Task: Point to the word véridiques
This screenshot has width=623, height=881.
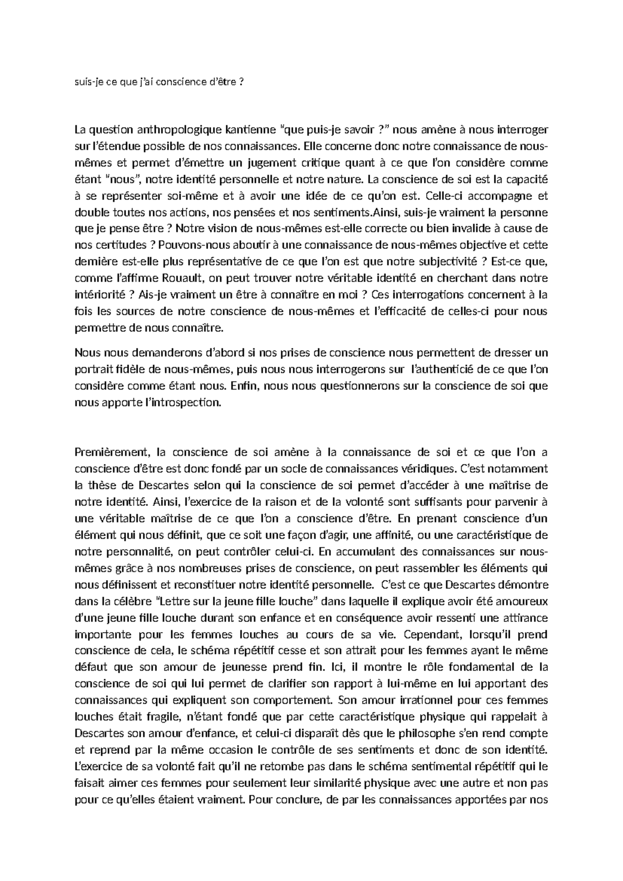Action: click(427, 469)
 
